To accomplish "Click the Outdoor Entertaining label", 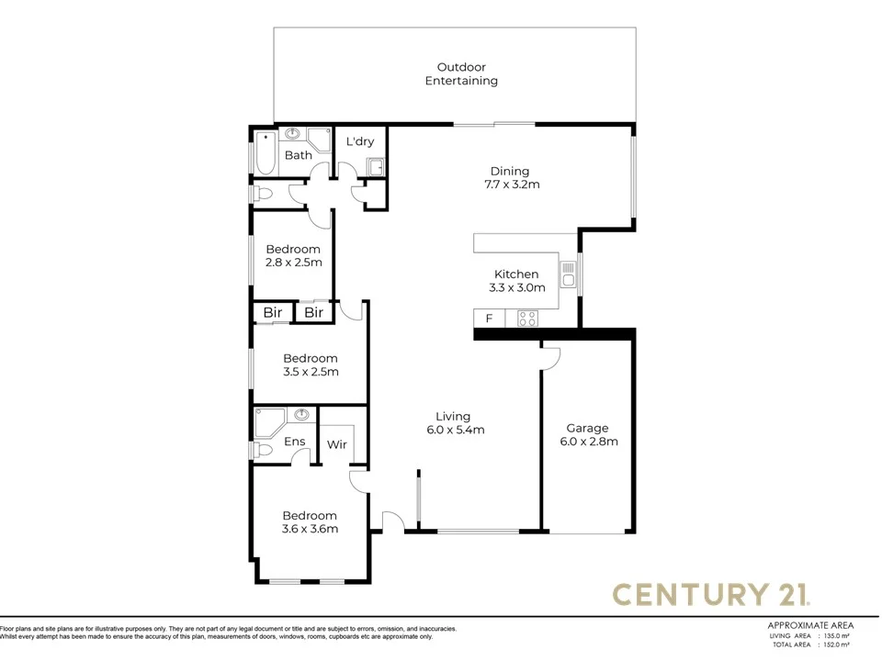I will (461, 73).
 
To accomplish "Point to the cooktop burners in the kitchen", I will (527, 319).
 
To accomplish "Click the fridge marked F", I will (489, 319).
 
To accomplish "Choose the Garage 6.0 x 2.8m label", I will (587, 434).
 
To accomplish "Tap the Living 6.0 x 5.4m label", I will (455, 422).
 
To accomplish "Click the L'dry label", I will (358, 142).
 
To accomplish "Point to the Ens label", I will (294, 443).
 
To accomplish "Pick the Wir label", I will (337, 444).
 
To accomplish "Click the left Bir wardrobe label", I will (273, 313).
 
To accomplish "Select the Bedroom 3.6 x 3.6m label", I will (310, 522).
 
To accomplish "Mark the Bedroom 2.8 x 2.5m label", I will (293, 255).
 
